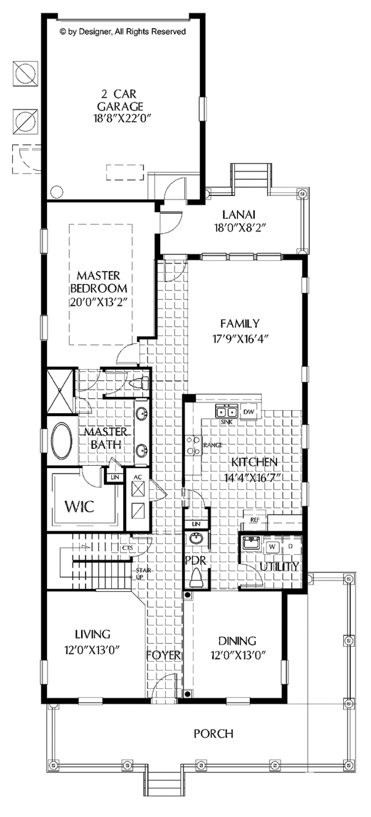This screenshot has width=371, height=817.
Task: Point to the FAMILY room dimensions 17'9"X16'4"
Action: coord(239,338)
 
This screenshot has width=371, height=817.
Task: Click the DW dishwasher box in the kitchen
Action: coord(249,412)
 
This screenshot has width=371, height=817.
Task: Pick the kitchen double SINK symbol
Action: coord(227,411)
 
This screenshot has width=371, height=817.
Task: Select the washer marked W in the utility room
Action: coord(271,547)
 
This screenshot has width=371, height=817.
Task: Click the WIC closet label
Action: coord(80,508)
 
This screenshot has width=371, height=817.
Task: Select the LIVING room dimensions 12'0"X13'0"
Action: coord(92,649)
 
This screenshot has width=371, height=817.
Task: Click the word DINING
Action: coord(237,641)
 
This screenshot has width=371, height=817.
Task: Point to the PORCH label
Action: coord(213,734)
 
